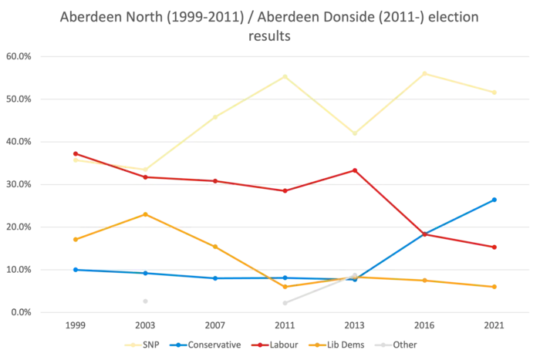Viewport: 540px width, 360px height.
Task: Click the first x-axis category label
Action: (74, 326)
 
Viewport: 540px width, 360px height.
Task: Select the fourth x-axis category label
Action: (285, 326)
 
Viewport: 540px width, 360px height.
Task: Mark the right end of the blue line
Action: (497, 198)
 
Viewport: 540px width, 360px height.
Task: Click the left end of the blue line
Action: (74, 269)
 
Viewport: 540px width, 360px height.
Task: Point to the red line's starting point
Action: (74, 153)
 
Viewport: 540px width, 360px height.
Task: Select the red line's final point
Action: (497, 247)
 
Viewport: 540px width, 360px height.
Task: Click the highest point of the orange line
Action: (145, 213)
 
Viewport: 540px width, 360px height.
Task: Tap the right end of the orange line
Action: (497, 287)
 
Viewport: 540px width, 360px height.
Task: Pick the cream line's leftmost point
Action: (74, 160)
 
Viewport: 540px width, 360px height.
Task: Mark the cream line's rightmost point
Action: (497, 93)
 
